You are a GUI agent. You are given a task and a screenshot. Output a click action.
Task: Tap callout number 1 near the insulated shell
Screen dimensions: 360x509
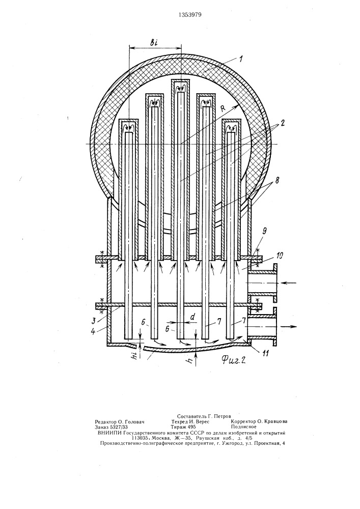pos(240,60)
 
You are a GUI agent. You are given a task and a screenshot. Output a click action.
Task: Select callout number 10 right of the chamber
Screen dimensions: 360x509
pos(279,257)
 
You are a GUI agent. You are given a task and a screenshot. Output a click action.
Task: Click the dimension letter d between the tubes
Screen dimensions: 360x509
pos(193,318)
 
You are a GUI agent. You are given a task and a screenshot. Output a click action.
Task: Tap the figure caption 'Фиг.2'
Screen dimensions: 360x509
pos(233,359)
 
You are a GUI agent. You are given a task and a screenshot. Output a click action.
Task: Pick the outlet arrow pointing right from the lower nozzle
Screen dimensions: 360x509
pos(289,326)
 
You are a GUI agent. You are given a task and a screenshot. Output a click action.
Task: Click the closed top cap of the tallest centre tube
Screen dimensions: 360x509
pos(180,80)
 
